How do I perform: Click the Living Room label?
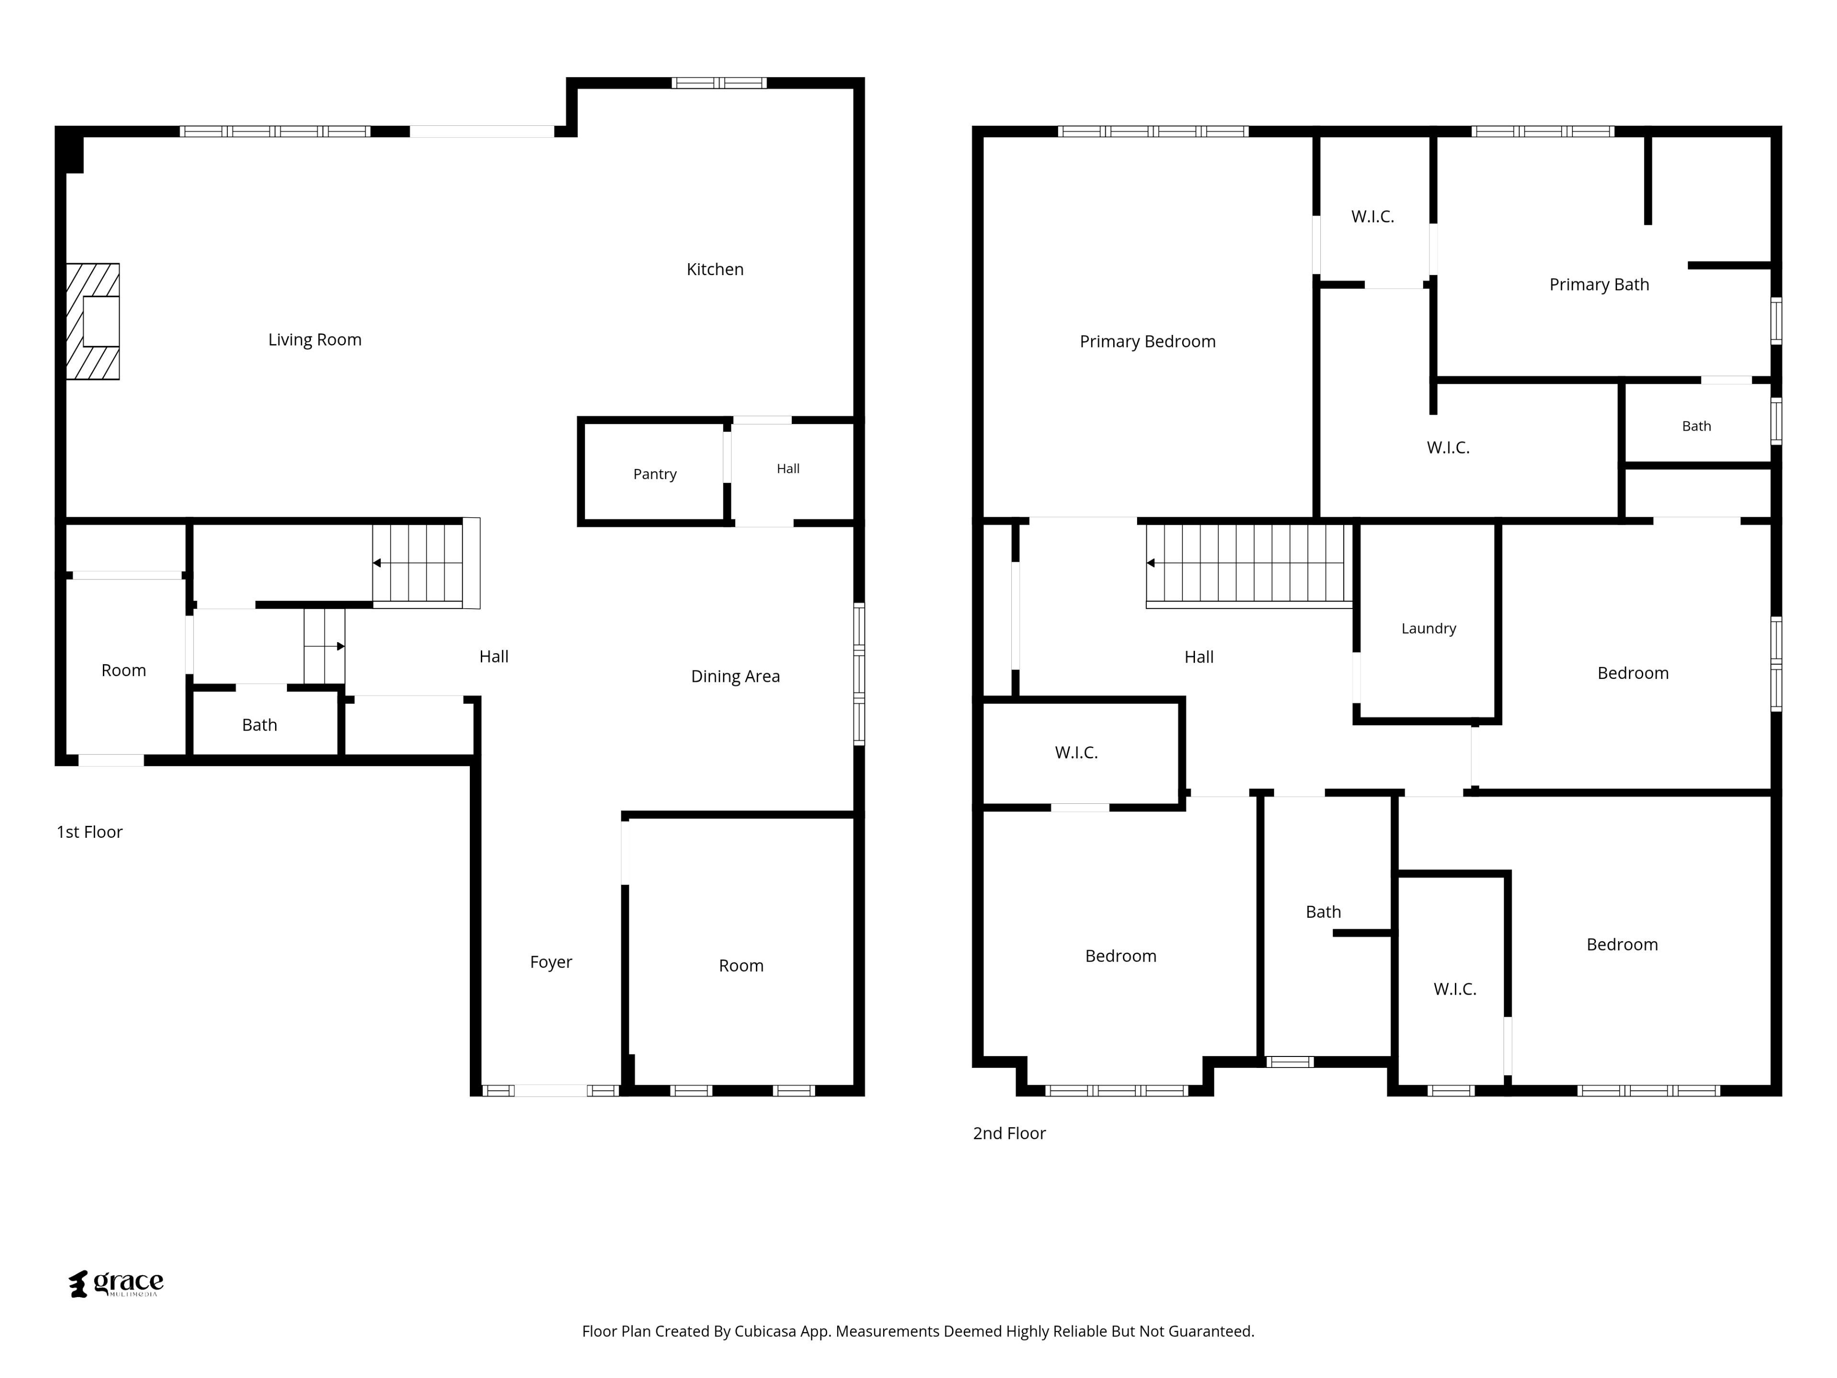pos(315,340)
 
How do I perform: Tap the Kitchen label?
pos(715,269)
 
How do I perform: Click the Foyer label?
pos(552,962)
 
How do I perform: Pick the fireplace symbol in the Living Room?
pos(92,322)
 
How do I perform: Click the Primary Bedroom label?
pos(1148,341)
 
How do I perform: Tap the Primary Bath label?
pos(1600,284)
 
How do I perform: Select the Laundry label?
pos(1428,629)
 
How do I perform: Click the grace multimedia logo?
pos(116,1283)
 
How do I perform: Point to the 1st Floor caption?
pos(89,832)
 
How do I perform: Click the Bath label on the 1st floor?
pos(259,725)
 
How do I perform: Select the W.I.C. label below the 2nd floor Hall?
pos(1076,753)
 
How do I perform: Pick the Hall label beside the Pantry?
pos(788,468)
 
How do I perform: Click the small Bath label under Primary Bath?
pos(1697,426)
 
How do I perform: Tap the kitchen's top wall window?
pos(719,82)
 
